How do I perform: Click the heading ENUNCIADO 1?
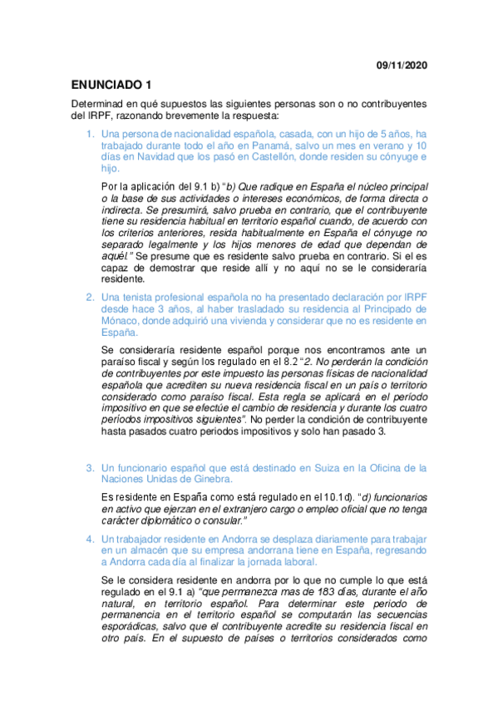[111, 84]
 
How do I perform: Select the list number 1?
[90, 134]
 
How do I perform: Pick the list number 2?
[90, 297]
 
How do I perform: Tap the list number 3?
[90, 468]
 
